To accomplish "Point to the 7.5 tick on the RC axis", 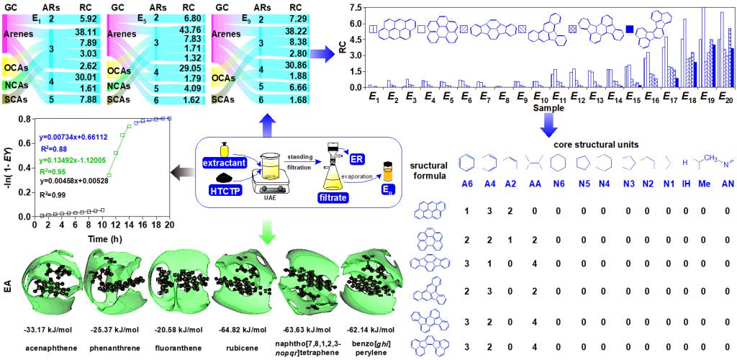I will pos(354,6).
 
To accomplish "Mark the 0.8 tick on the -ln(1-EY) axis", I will pos(24,119).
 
